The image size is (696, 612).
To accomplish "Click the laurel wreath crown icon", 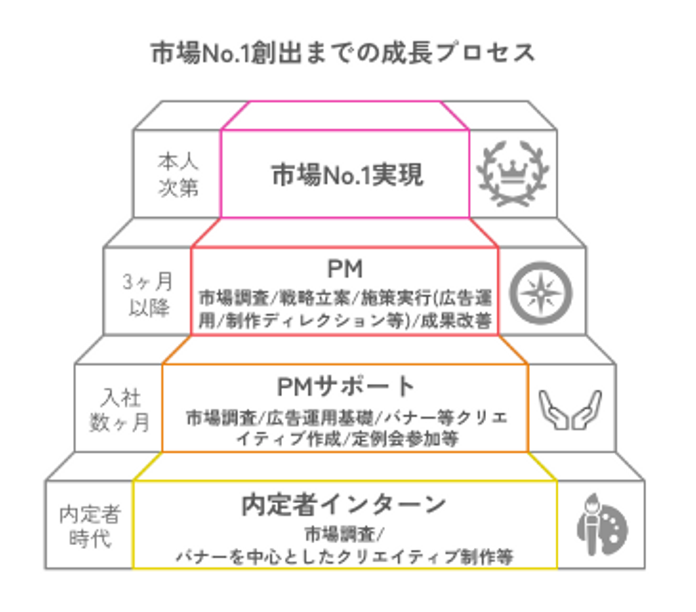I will pyautogui.click(x=513, y=174).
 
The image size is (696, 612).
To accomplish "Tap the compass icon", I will pyautogui.click(x=541, y=293).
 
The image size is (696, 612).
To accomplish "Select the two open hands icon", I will pyautogui.click(x=570, y=409).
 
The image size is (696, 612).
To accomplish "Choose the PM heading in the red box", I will pyautogui.click(x=345, y=269).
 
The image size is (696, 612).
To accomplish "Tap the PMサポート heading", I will pyautogui.click(x=345, y=387).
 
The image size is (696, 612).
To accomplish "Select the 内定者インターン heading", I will pyautogui.click(x=344, y=505).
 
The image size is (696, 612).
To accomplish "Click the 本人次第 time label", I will pyautogui.click(x=178, y=175).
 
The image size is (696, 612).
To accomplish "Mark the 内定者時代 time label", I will pyautogui.click(x=90, y=526).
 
